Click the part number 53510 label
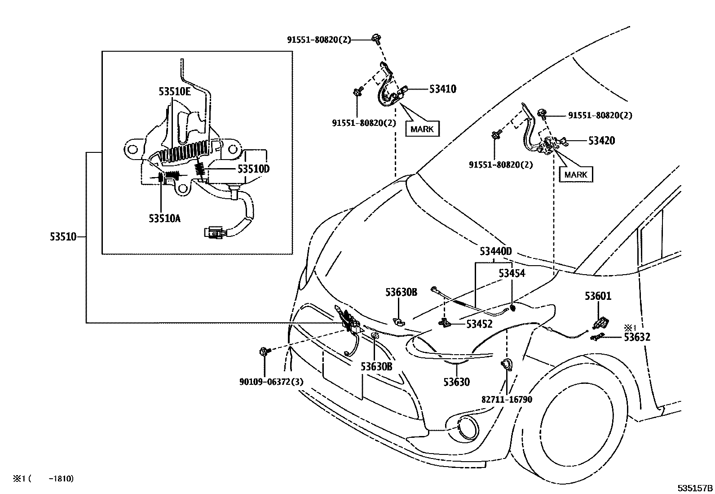click(x=63, y=236)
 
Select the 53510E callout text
click(x=174, y=91)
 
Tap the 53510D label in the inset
click(x=253, y=169)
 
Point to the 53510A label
click(x=165, y=218)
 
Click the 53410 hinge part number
click(x=442, y=89)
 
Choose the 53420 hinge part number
click(x=601, y=141)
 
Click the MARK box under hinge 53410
click(x=422, y=129)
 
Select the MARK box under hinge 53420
click(x=576, y=174)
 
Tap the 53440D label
click(x=495, y=251)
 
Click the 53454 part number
click(x=512, y=273)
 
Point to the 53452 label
click(x=479, y=324)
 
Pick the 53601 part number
click(x=598, y=296)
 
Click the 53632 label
click(x=637, y=337)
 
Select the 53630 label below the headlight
click(x=456, y=382)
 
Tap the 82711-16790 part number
click(x=507, y=399)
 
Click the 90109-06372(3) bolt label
click(x=271, y=382)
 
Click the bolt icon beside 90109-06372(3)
click(x=263, y=352)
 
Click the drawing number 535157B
click(x=695, y=488)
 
